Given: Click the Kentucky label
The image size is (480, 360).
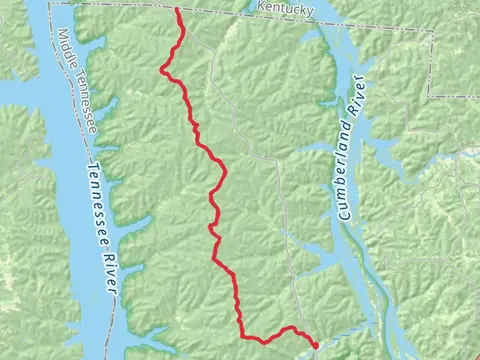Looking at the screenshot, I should pyautogui.click(x=285, y=9).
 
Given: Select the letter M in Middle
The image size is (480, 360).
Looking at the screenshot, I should pyautogui.click(x=62, y=32).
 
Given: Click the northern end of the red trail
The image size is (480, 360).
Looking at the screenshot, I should pyautogui.click(x=178, y=9).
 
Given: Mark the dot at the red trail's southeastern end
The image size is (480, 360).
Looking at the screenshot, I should pyautogui.click(x=314, y=345).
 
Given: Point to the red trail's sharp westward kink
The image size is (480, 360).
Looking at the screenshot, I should pyautogui.click(x=162, y=69).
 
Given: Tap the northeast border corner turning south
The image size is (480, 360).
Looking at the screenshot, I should pyautogui.click(x=431, y=31).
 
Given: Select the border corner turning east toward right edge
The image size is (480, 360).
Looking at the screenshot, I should pyautogui.click(x=432, y=94).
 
